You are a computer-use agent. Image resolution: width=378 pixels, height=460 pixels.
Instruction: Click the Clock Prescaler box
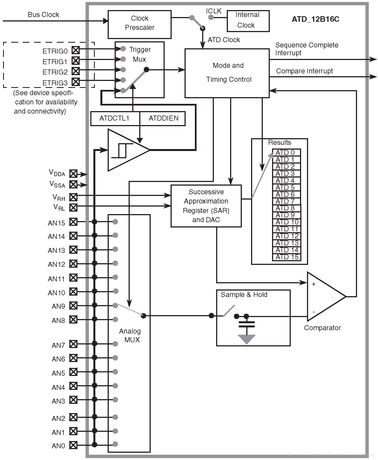click(140, 24)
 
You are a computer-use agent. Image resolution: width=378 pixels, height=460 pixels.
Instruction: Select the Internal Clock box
click(248, 21)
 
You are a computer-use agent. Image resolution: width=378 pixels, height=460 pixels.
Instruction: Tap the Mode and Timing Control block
click(227, 73)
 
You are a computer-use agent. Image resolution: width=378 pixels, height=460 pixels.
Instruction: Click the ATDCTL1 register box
click(115, 119)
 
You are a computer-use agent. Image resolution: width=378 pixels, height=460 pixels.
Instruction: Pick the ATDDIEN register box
click(163, 119)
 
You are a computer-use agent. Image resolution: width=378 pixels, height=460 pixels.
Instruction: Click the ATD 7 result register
click(287, 201)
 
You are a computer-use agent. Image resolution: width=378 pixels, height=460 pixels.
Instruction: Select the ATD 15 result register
click(287, 257)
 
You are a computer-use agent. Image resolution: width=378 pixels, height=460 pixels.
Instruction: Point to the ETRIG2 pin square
click(75, 71)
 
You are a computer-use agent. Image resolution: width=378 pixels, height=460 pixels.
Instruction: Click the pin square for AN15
click(73, 222)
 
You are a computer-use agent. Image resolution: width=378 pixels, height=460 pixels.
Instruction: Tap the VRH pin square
click(73, 197)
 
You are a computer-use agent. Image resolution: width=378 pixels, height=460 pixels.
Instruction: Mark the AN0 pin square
click(73, 445)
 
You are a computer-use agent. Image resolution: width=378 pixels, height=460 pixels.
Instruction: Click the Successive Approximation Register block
click(206, 206)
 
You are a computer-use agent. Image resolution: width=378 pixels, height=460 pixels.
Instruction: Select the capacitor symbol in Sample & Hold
click(247, 324)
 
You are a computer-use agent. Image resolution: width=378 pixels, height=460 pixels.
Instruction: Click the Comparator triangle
click(324, 296)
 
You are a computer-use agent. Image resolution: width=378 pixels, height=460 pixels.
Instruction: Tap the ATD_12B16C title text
click(315, 19)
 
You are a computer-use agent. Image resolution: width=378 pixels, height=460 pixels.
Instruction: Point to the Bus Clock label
click(43, 15)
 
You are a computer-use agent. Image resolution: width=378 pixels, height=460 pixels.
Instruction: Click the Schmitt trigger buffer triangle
click(126, 150)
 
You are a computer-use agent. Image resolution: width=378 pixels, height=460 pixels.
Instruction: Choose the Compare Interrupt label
click(304, 71)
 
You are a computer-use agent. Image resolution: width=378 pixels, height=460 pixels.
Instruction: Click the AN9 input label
click(58, 306)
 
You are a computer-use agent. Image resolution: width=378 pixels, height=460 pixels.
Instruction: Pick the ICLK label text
click(214, 11)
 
